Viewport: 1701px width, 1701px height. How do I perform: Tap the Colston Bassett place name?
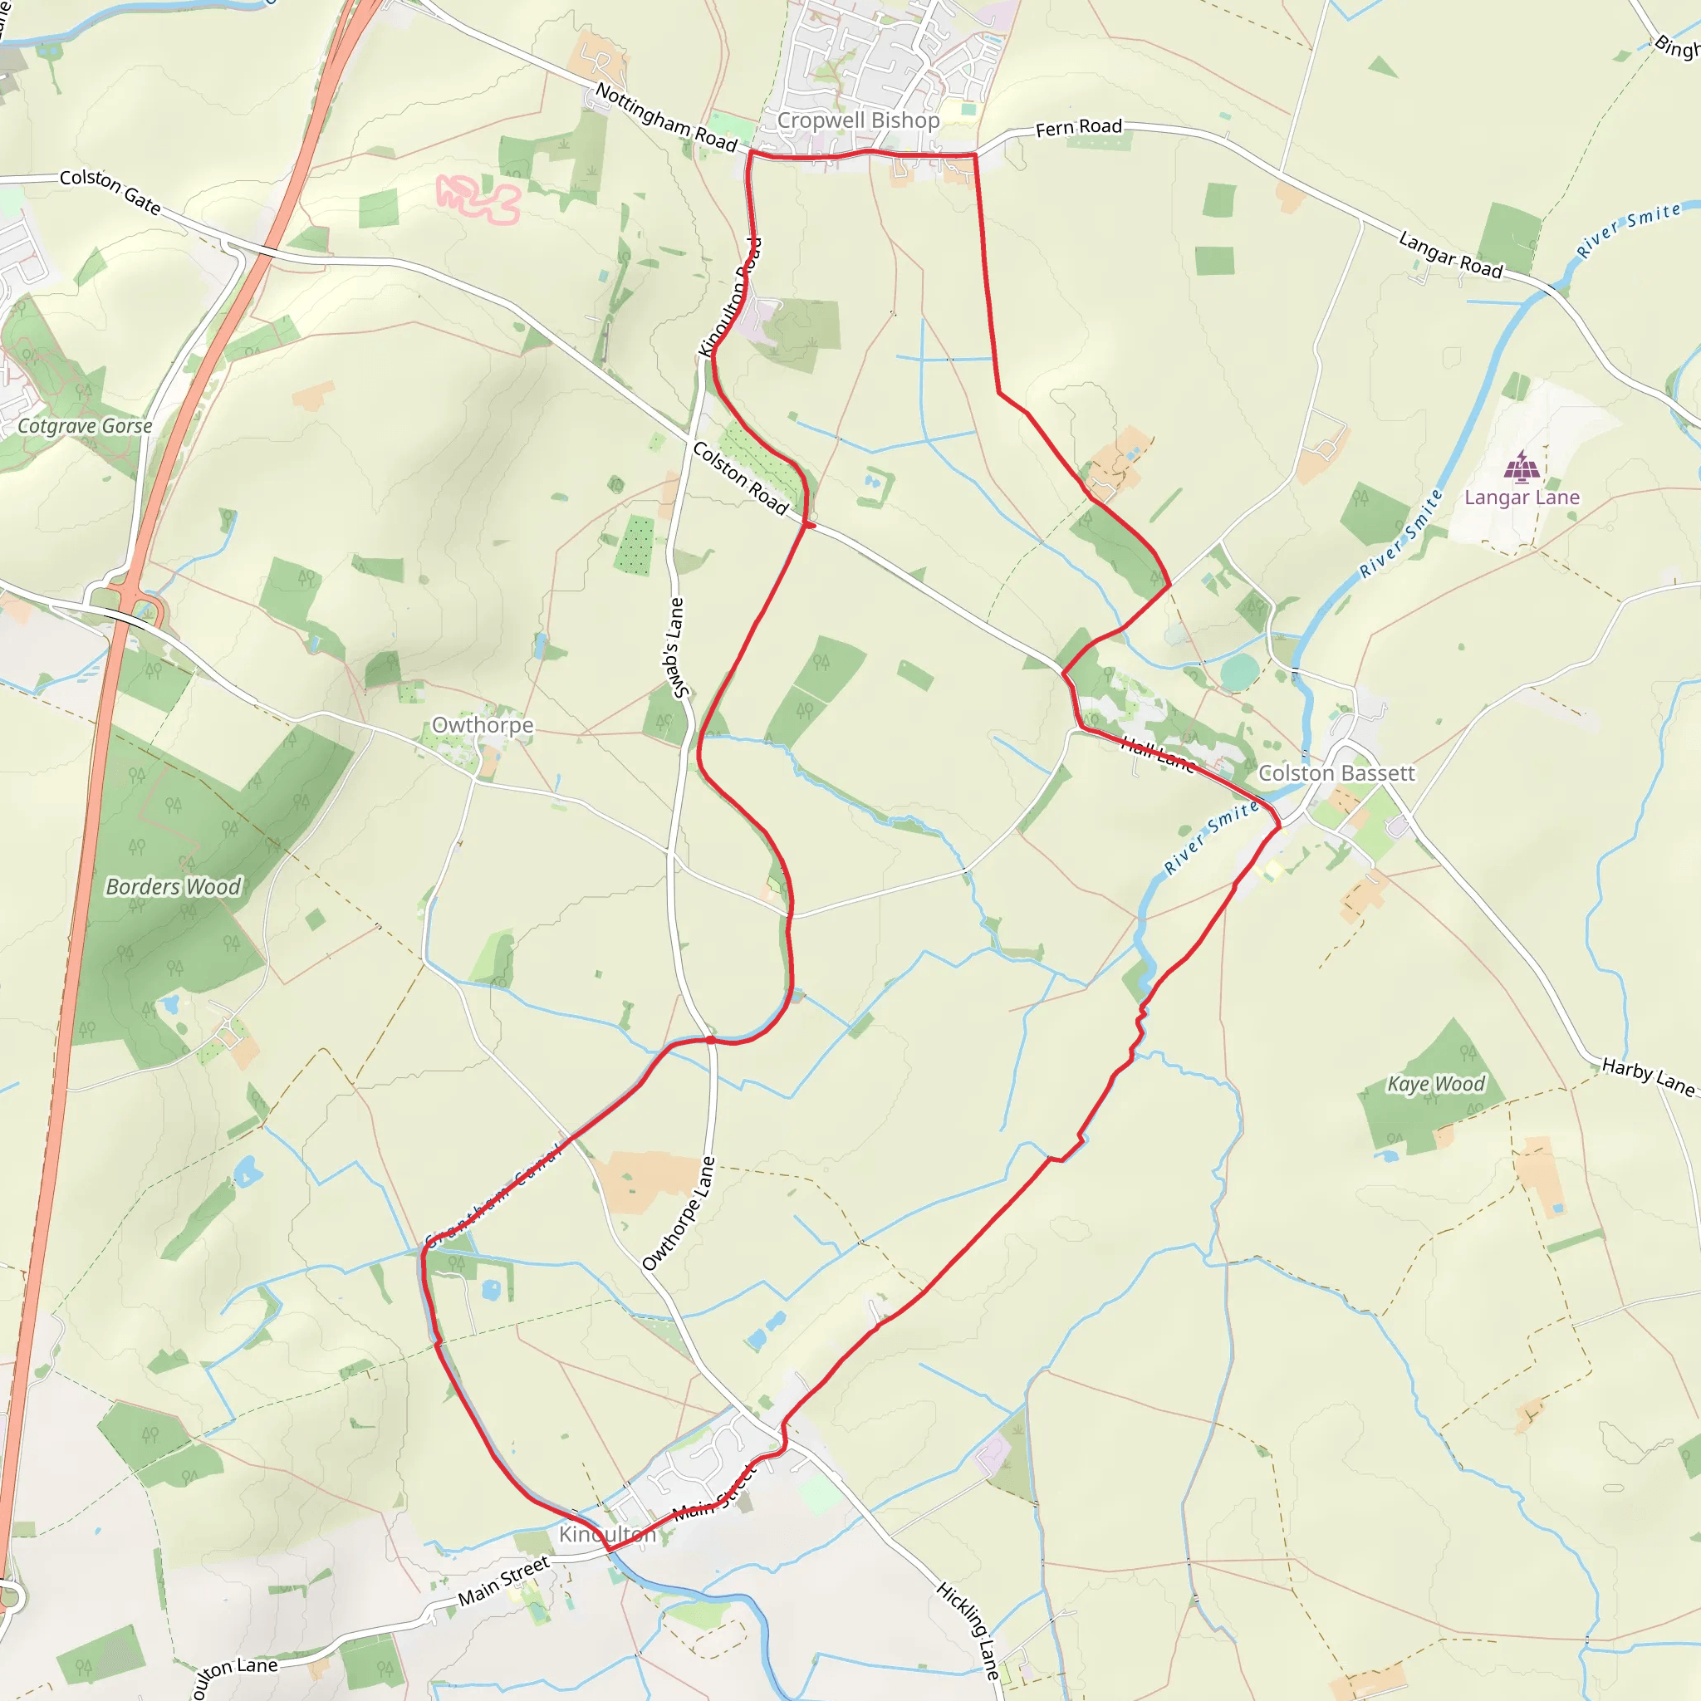coord(1336,773)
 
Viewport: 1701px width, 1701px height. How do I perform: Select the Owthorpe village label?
coord(482,724)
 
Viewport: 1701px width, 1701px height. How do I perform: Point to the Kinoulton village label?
coord(606,1534)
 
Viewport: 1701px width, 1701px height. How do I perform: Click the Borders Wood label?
coord(173,886)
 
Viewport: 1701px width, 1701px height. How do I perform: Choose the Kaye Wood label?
coord(1436,1084)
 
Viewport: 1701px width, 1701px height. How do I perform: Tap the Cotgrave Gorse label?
coord(85,426)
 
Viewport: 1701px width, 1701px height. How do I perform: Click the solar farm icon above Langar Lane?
coord(1522,467)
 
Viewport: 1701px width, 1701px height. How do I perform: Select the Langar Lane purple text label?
coord(1522,498)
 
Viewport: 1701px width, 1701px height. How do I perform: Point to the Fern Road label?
coord(1079,128)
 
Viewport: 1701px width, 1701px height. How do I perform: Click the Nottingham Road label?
coord(665,117)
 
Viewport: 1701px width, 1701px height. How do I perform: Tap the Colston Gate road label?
coord(110,191)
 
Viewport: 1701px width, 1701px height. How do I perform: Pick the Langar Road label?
coord(1450,254)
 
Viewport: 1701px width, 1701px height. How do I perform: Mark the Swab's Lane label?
coord(676,647)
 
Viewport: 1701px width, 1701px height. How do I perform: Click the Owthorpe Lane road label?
coord(679,1213)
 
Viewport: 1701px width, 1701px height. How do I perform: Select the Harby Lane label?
coord(1647,1077)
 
